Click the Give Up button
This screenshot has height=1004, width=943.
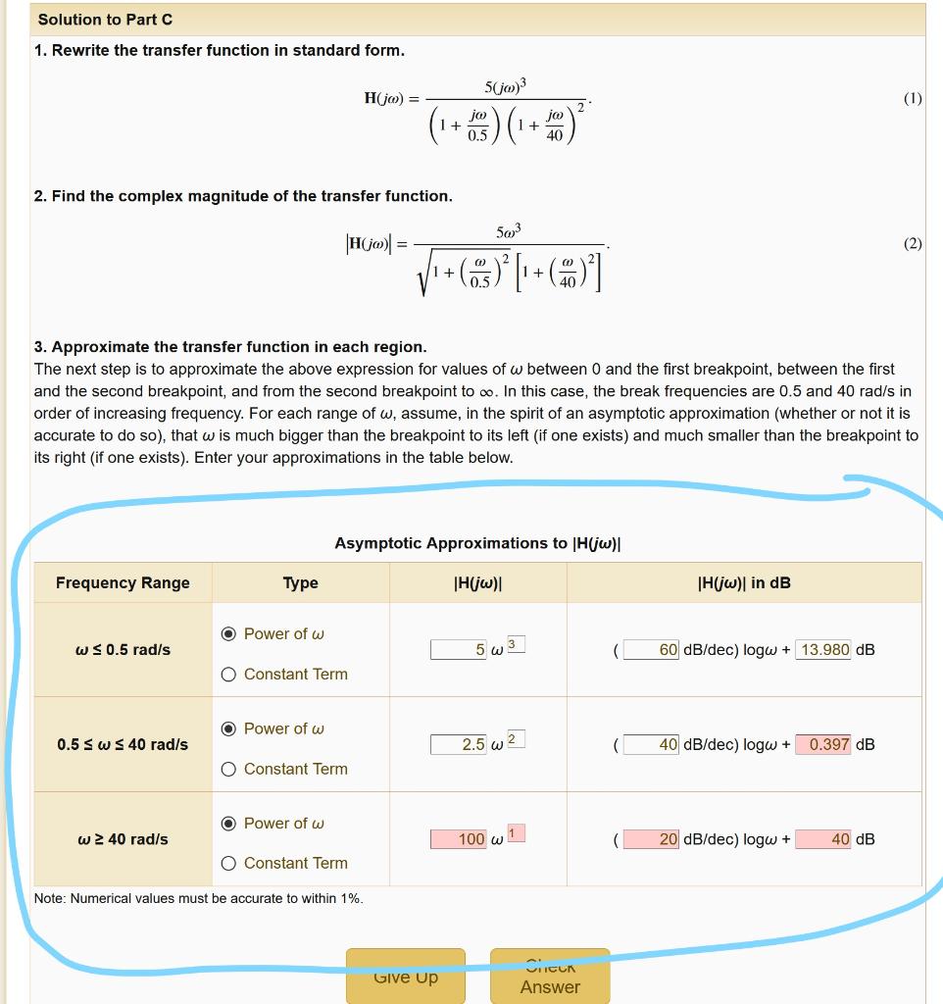point(405,977)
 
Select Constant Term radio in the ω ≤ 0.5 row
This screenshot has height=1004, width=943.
point(228,675)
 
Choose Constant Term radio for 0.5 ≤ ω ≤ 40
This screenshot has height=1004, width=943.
point(228,769)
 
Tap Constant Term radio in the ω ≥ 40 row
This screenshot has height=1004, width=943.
point(228,864)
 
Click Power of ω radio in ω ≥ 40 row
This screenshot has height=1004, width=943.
point(228,824)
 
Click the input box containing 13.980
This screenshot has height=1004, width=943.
point(823,650)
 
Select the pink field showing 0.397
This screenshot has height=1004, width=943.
point(823,744)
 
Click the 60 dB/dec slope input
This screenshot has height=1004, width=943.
point(652,650)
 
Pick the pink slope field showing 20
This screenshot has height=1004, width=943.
point(652,839)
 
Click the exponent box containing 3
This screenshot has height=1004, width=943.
point(517,643)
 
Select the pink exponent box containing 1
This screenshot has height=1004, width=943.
point(517,832)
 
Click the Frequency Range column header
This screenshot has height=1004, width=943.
point(123,583)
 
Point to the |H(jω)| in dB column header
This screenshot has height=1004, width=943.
point(743,583)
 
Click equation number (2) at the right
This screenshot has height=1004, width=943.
point(913,244)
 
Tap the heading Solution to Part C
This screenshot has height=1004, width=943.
point(105,20)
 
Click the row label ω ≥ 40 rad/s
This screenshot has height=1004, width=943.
point(123,839)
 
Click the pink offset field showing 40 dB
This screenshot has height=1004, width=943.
point(823,839)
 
